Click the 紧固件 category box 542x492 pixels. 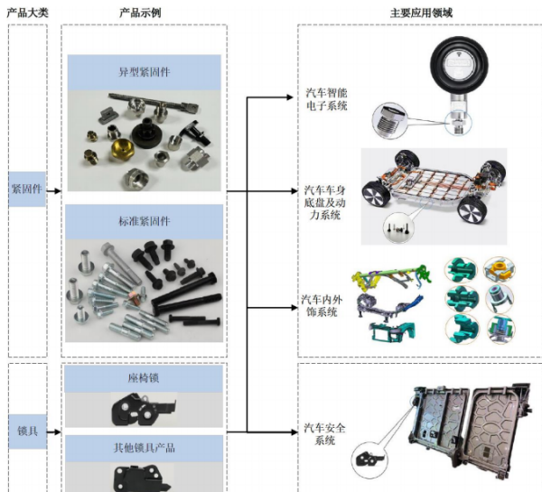point(27,190)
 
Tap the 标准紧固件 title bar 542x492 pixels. point(144,220)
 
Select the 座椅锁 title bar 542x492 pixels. point(144,379)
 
